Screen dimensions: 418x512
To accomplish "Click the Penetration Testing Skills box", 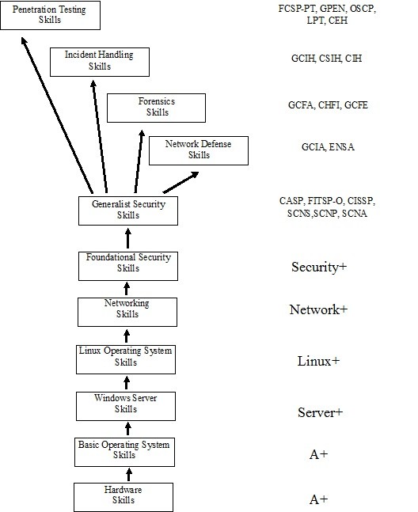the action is (51, 15).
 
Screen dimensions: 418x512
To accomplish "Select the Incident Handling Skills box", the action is (100, 62).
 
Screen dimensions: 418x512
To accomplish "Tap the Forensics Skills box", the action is (157, 108).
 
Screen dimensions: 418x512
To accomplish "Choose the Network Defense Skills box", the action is (199, 150).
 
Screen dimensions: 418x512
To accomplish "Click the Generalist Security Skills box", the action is (128, 210).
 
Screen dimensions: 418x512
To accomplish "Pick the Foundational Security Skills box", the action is (128, 266).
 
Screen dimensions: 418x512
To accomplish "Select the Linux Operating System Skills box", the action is (126, 359).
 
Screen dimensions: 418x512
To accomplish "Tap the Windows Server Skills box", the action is (126, 406).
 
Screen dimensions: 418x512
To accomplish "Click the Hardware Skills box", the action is (123, 497).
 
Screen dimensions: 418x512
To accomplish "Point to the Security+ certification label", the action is (319, 267).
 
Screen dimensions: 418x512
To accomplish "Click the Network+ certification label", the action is (318, 309).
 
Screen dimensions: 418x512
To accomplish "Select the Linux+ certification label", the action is (318, 361).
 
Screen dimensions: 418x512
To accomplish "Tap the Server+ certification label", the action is (320, 412).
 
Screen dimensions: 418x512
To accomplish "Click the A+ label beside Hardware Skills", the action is (318, 499).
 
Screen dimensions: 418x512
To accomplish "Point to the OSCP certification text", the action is (362, 9).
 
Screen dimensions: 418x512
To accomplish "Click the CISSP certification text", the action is (360, 201).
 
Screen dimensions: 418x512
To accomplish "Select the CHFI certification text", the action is (329, 105).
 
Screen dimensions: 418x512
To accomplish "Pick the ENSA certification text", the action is (341, 147).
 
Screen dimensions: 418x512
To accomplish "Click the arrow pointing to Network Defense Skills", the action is (180, 183).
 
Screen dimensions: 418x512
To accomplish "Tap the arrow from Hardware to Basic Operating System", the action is (129, 475).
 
